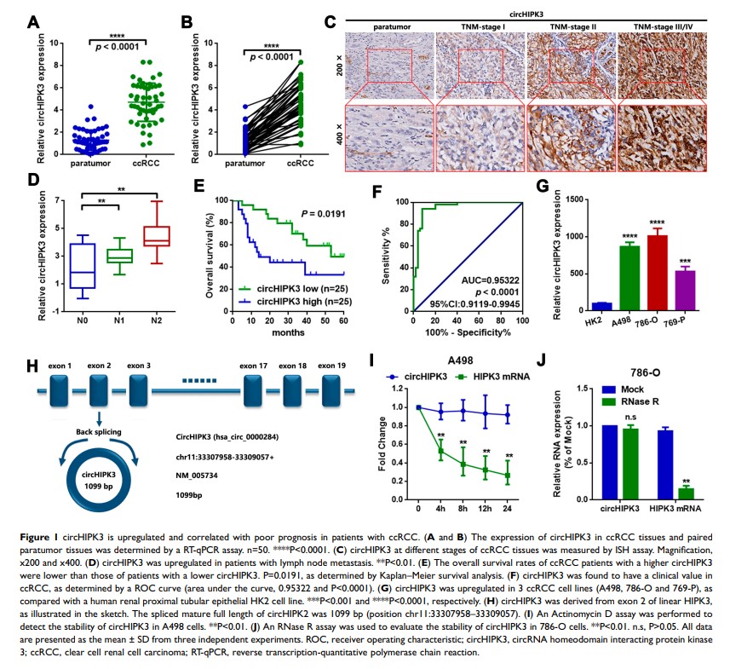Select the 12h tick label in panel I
(485, 509)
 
